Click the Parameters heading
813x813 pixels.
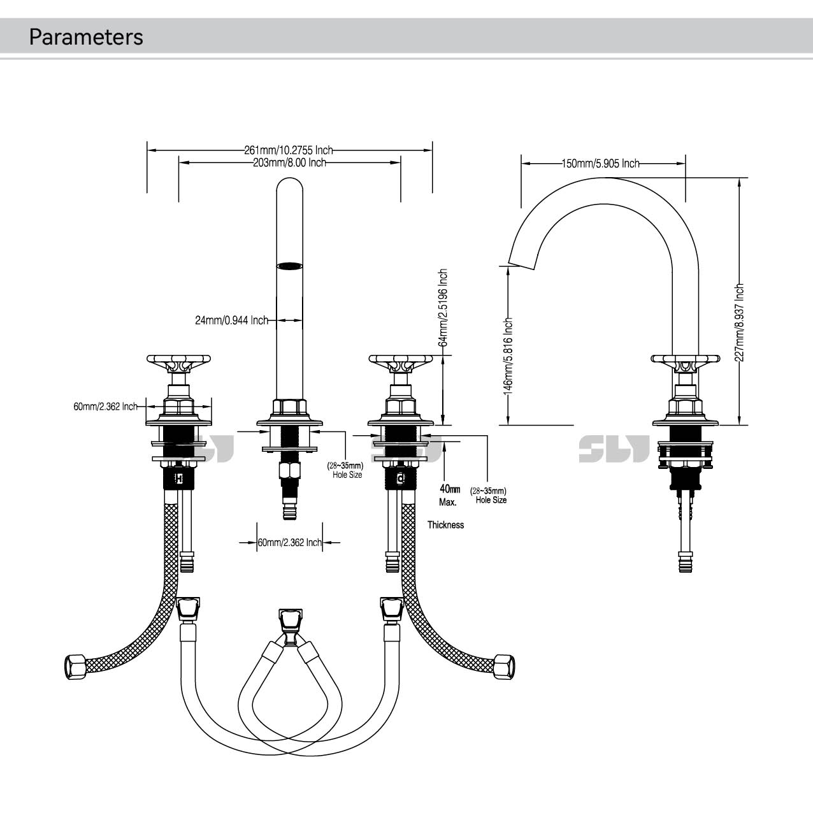coord(86,37)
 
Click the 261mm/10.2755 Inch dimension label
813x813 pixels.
coord(288,150)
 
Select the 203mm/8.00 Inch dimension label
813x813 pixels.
coord(289,163)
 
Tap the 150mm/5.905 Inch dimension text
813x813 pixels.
coord(600,164)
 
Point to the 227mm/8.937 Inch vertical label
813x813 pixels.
coord(739,322)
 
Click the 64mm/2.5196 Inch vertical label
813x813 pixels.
coord(443,308)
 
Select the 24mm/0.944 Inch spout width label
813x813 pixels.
coord(231,320)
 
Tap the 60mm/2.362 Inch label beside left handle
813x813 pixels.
coord(105,406)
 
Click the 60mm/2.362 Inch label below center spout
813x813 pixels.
coord(289,543)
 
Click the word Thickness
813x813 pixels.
coord(445,525)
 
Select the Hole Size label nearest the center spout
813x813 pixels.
coord(347,475)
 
